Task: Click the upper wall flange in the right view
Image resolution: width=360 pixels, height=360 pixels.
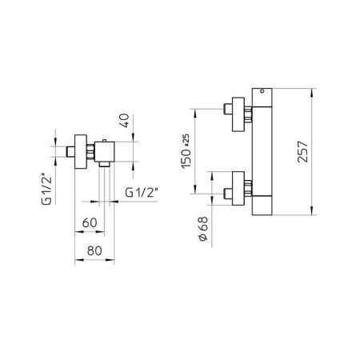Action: pyautogui.click(x=238, y=114)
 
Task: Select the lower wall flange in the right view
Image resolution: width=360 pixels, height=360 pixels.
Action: pyautogui.click(x=238, y=190)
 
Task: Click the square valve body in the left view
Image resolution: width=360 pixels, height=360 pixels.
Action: pyautogui.click(x=105, y=150)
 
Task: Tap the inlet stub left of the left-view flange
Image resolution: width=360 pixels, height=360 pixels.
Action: pyautogui.click(x=69, y=150)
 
